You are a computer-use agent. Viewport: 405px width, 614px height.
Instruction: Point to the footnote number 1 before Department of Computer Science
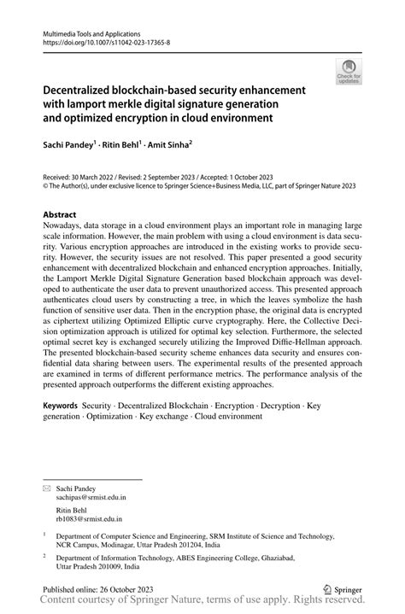click(44, 534)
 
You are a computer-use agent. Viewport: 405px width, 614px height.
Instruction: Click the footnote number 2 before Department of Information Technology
click(44, 555)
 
